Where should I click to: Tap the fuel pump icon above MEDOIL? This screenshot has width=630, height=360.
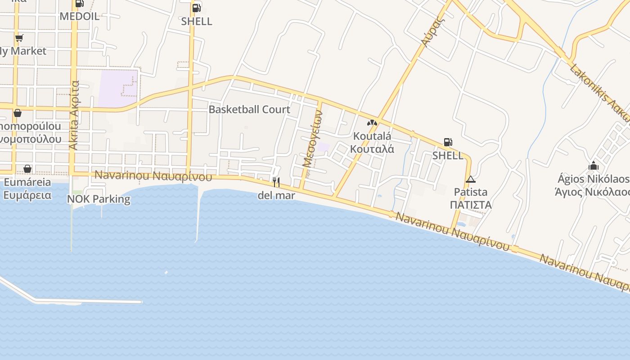[x=80, y=3]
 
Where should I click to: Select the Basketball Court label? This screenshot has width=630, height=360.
[x=249, y=109]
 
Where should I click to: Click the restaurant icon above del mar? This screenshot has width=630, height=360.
[x=276, y=182]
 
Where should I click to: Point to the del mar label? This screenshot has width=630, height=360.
[x=276, y=196]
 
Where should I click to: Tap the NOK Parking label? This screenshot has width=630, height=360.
[x=99, y=199]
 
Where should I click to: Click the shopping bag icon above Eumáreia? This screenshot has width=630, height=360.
[x=27, y=169]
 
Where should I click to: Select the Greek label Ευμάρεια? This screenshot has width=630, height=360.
[x=27, y=195]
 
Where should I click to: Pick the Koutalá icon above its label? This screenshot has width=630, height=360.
[x=372, y=122]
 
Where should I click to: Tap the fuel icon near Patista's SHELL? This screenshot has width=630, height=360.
[x=448, y=142]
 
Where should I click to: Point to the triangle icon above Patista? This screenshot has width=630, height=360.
[x=470, y=179]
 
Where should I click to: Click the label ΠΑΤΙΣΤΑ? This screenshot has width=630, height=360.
[x=470, y=205]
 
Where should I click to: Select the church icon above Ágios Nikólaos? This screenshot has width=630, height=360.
[x=594, y=166]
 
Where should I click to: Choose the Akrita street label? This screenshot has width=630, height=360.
[x=74, y=115]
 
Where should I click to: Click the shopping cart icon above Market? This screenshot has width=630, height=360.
[x=19, y=38]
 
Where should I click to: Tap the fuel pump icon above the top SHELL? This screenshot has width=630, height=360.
[x=196, y=8]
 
